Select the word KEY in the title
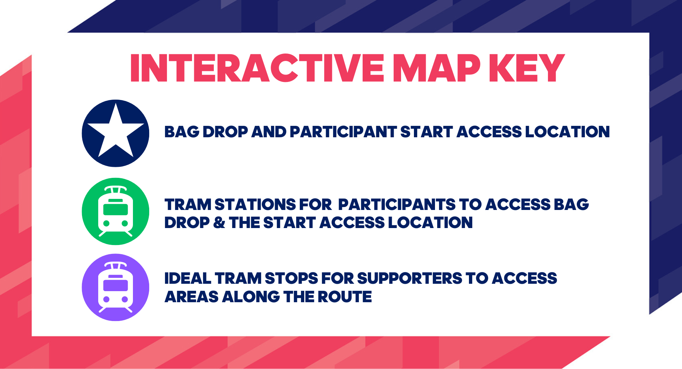pyautogui.click(x=527, y=68)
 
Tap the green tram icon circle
pyautogui.click(x=116, y=211)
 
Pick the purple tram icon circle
pyautogui.click(x=116, y=287)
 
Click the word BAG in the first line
pyautogui.click(x=182, y=132)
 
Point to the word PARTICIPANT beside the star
pyautogui.click(x=343, y=132)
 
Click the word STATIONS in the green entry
pyautogui.click(x=255, y=205)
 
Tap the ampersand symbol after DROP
pyautogui.click(x=219, y=223)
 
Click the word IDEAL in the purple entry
pyautogui.click(x=188, y=279)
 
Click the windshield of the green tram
pyautogui.click(x=116, y=210)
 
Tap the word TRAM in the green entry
pyautogui.click(x=188, y=205)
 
